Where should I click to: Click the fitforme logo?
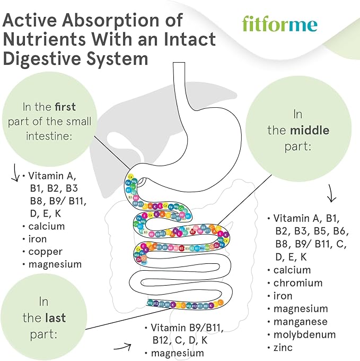pyautogui.click(x=279, y=24)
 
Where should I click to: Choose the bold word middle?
pyautogui.click(x=309, y=130)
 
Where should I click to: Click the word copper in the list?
pyautogui.click(x=46, y=252)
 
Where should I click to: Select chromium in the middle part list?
pyautogui.click(x=298, y=283)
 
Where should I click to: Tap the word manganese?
pyautogui.click(x=301, y=322)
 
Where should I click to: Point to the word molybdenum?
pyautogui.click(x=304, y=334)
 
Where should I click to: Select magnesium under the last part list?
pyautogui.click(x=178, y=353)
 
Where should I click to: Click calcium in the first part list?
pyautogui.click(x=47, y=226)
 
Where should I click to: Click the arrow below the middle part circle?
pyautogui.click(x=332, y=194)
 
